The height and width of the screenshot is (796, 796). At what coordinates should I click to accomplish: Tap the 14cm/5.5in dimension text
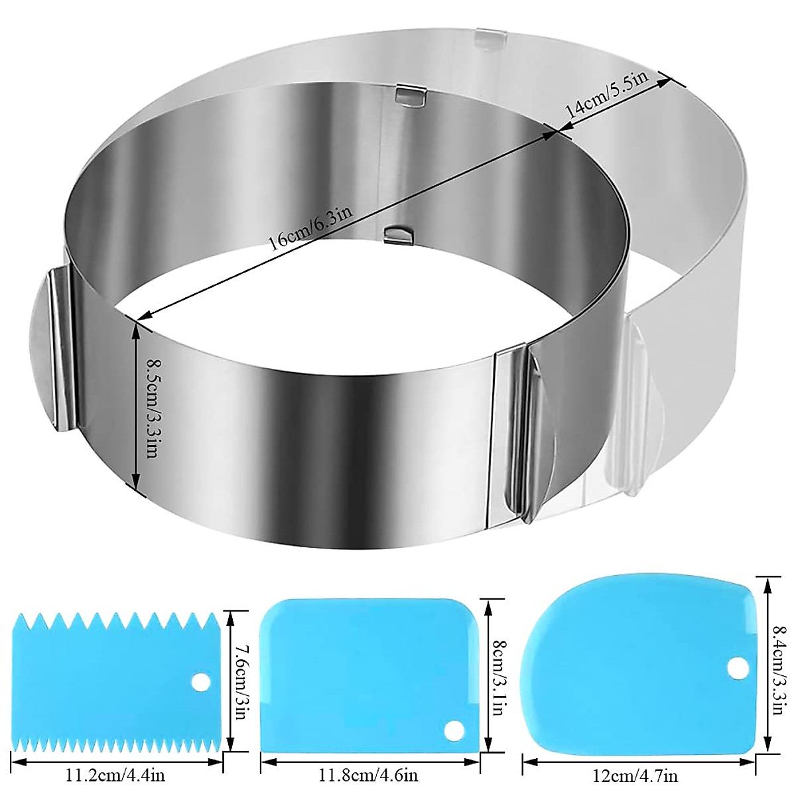[604, 99]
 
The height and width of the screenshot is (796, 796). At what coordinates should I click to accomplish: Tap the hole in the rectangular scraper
[452, 729]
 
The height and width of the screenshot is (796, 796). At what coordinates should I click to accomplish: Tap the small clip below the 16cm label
[397, 233]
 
